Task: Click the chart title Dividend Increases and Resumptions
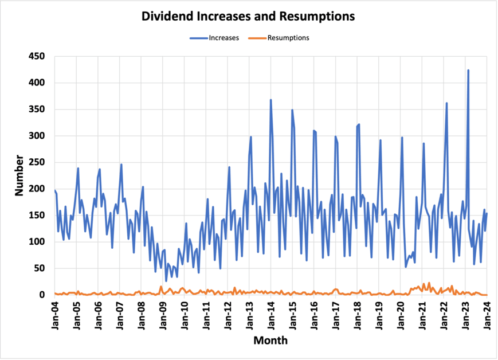click(x=248, y=17)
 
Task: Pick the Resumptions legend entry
click(x=279, y=38)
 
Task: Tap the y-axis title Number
click(x=19, y=175)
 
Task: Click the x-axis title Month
click(x=270, y=341)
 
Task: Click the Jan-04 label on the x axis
click(x=54, y=313)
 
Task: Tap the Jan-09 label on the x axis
click(x=163, y=313)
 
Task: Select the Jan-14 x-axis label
click(x=270, y=313)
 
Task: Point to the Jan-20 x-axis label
click(x=401, y=313)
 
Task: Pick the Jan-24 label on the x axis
click(x=487, y=313)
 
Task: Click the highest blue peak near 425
click(x=468, y=71)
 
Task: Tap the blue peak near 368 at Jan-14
click(x=270, y=100)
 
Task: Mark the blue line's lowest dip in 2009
click(x=166, y=281)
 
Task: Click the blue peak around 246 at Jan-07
click(x=121, y=165)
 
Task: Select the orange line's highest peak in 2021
click(x=429, y=283)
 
